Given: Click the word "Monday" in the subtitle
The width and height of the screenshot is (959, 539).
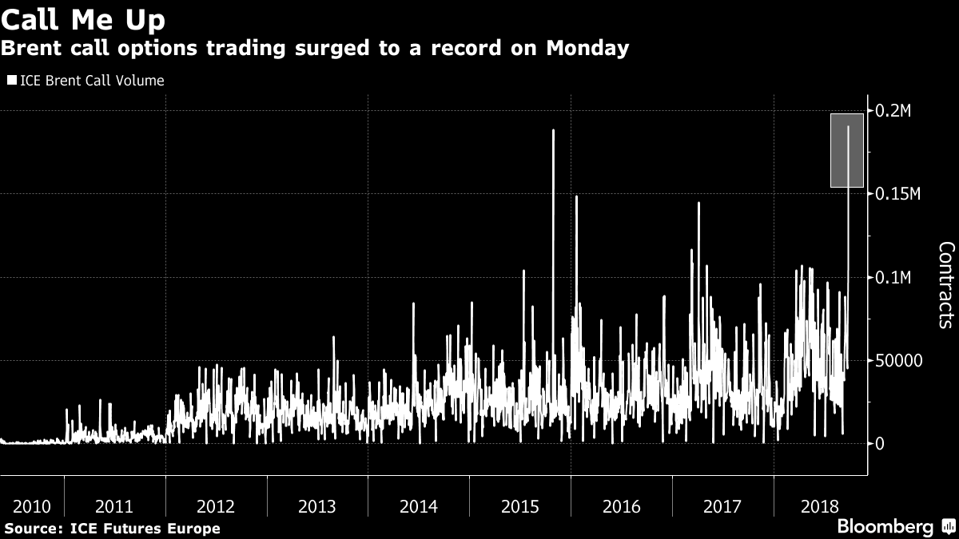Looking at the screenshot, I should click(589, 49).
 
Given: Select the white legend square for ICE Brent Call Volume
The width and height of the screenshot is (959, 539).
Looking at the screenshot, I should click(10, 81).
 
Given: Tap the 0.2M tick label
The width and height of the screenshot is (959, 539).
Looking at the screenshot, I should click(893, 111).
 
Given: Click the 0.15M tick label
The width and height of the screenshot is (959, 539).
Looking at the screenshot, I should click(897, 194).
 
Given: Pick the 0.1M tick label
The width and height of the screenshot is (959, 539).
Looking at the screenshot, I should click(893, 277).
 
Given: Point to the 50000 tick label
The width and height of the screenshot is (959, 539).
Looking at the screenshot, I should click(898, 360).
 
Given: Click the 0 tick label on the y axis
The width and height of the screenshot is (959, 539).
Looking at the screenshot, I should click(880, 443).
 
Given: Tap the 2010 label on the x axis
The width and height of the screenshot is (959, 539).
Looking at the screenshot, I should click(32, 506).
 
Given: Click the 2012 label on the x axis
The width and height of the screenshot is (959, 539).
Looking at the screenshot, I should click(216, 506).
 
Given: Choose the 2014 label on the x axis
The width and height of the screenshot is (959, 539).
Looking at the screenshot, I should click(419, 506).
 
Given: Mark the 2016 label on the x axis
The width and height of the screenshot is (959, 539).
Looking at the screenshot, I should click(621, 506).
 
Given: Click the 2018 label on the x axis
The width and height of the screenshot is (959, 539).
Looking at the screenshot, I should click(823, 506).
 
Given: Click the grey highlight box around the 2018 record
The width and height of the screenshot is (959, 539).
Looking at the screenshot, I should click(847, 151).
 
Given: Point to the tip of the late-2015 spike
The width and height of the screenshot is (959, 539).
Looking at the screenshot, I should click(553, 130).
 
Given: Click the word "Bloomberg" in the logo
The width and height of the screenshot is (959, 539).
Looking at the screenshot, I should click(885, 526).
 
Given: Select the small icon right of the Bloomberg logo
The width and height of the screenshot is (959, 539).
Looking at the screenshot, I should click(948, 526).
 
